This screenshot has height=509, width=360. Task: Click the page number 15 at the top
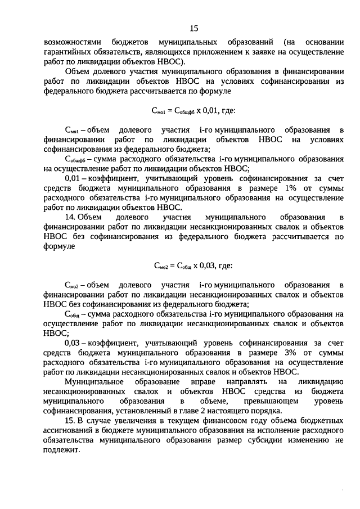tap(193, 28)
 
